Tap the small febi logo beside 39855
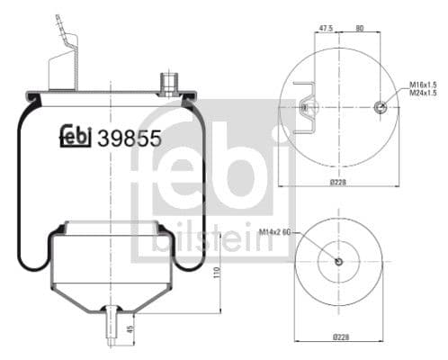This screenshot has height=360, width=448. pos(76,136)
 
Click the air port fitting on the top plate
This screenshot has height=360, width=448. pos(167,84)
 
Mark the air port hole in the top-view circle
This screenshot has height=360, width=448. pos(380,107)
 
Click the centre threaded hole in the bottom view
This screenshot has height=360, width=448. pos(338,262)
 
